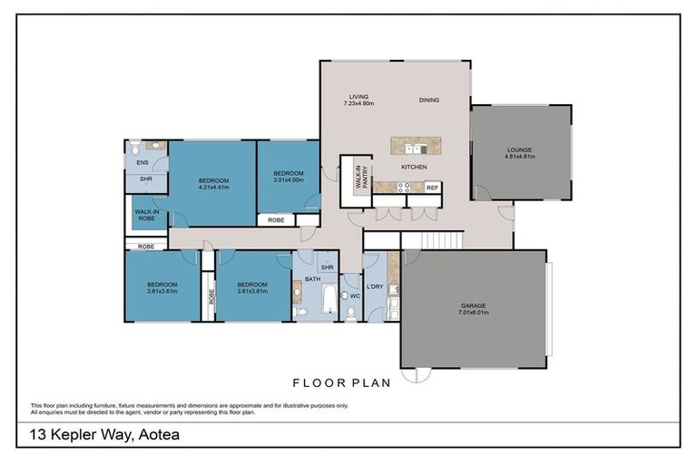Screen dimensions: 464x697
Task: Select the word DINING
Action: [x=430, y=100]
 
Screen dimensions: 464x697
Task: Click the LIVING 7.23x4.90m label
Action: [x=358, y=100]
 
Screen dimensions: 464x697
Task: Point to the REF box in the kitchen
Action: [x=432, y=188]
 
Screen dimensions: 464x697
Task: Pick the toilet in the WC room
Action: [x=350, y=312]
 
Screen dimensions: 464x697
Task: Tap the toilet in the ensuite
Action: [x=133, y=148]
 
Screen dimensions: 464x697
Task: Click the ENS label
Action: [x=142, y=162]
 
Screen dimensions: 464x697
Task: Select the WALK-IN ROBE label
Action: [x=146, y=214]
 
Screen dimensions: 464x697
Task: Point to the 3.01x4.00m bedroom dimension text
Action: [x=288, y=179]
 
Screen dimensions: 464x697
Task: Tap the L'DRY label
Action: [x=374, y=287]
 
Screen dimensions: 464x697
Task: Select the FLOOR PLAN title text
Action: [x=340, y=382]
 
